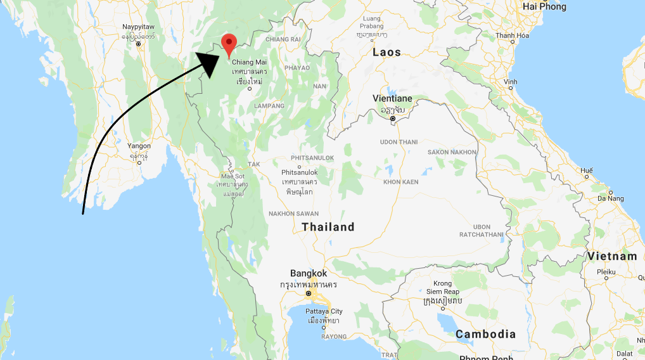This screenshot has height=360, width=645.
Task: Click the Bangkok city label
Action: pos(308,273)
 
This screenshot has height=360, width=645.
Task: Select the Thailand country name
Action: pos(328,227)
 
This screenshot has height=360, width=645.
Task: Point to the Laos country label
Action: pos(386,52)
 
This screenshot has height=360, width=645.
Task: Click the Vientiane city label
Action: pos(392,99)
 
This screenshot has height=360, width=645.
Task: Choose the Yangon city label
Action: pos(139,146)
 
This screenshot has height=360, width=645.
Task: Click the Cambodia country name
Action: pos(485,334)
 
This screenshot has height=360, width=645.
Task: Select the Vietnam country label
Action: pos(611,256)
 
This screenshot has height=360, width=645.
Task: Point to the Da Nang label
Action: pos(610,199)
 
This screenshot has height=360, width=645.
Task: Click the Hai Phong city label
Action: pos(544,6)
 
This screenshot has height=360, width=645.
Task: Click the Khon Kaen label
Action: pos(400,182)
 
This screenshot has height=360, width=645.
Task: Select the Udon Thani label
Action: pos(399,142)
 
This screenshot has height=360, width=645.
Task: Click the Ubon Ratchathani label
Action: pos(482,231)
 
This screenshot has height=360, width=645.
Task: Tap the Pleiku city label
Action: pos(606,272)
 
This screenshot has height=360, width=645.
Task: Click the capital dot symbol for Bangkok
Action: pos(309,294)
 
